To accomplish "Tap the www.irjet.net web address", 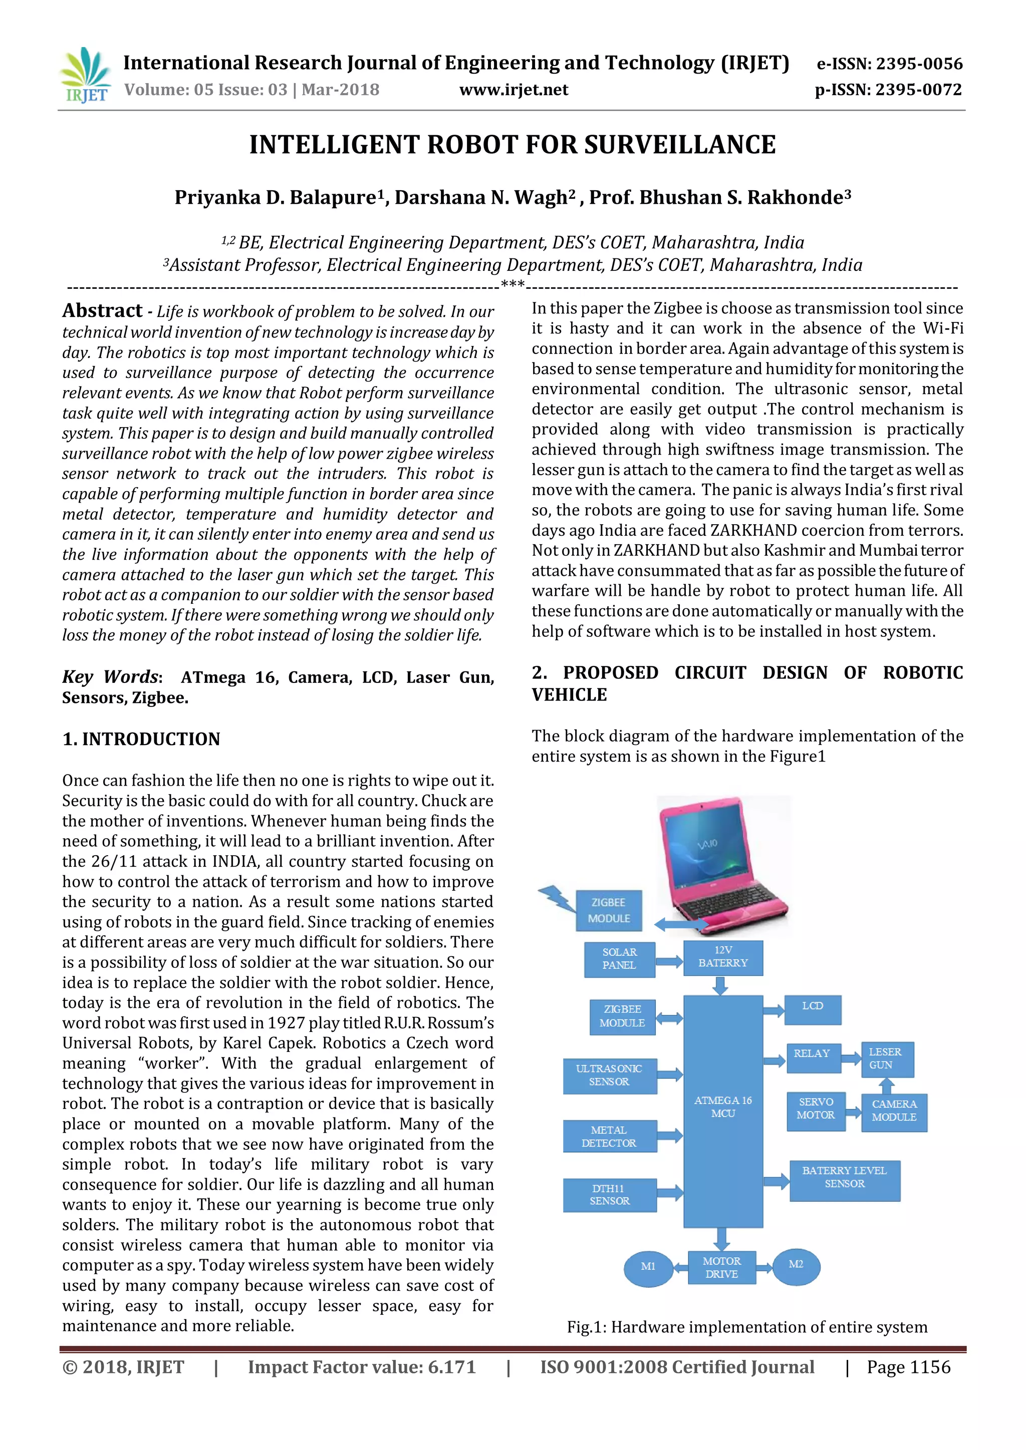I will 513,90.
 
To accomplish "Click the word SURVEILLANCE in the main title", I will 680,145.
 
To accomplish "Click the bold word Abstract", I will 102,311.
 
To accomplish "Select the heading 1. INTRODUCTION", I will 141,739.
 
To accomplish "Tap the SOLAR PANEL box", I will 619,959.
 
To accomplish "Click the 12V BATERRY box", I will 723,957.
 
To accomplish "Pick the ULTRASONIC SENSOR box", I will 610,1075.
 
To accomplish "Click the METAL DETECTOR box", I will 610,1137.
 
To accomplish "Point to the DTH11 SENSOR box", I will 610,1195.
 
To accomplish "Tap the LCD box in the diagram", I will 813,1008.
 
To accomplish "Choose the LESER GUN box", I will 886,1058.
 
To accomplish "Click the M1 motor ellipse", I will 648,1266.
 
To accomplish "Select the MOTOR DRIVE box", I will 721,1267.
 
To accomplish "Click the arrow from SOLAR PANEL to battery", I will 669,962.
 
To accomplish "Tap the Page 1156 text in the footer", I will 908,1367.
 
